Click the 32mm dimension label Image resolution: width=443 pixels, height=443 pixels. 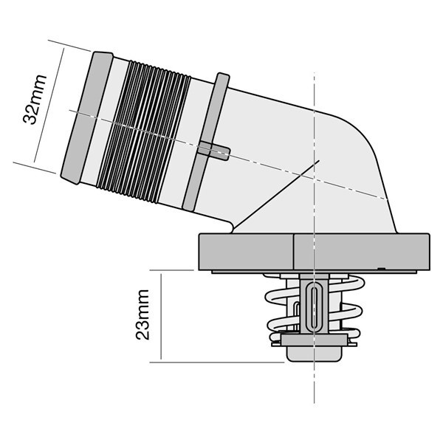(x=35, y=100)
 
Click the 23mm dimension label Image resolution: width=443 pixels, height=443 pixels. (x=142, y=315)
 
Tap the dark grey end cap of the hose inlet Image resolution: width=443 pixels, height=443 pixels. (x=87, y=118)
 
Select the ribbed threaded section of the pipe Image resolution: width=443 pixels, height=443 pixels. (x=144, y=131)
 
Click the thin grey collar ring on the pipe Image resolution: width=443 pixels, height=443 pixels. (x=206, y=142)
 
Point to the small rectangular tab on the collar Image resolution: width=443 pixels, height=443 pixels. (x=214, y=151)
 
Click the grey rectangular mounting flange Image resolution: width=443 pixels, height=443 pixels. (x=315, y=252)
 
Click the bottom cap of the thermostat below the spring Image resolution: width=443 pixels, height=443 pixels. (x=315, y=354)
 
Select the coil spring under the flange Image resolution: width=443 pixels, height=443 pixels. (x=315, y=310)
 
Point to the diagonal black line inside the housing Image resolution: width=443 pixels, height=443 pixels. (x=276, y=196)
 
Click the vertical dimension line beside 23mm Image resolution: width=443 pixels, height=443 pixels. (x=161, y=316)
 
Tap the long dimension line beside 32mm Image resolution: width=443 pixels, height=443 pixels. (x=49, y=105)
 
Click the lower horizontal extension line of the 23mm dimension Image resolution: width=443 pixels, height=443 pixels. (x=216, y=363)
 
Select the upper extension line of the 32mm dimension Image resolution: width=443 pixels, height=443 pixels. (x=69, y=46)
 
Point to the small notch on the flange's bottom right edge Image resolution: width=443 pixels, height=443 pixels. (x=382, y=269)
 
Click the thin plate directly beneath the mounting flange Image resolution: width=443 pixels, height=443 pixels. (x=315, y=272)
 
